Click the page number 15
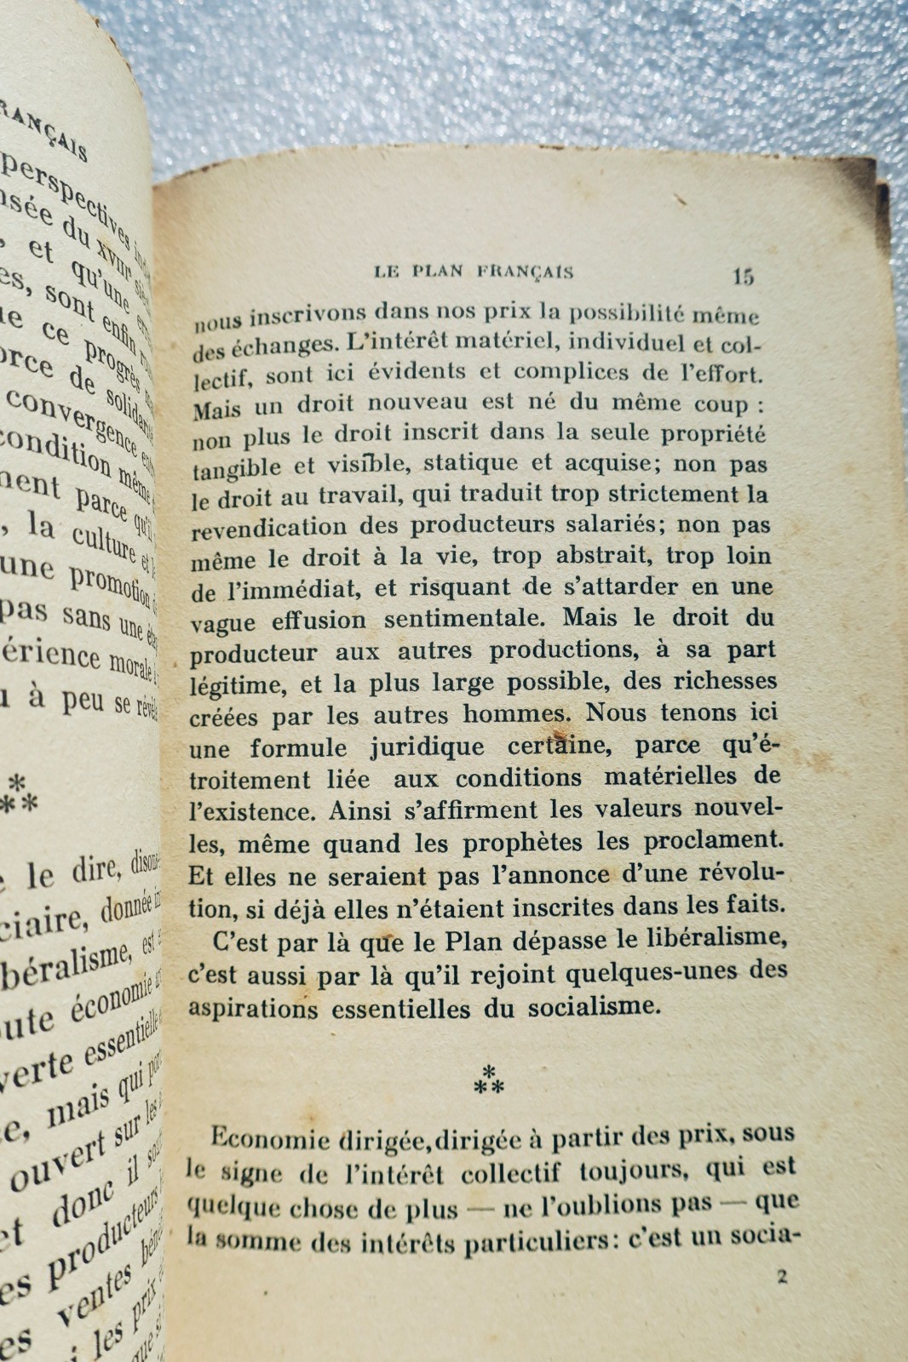click(742, 276)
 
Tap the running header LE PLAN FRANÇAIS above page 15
click(474, 272)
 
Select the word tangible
click(236, 468)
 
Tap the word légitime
click(228, 686)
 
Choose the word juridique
click(428, 747)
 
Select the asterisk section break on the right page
click(490, 1079)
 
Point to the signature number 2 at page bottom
click(782, 1276)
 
